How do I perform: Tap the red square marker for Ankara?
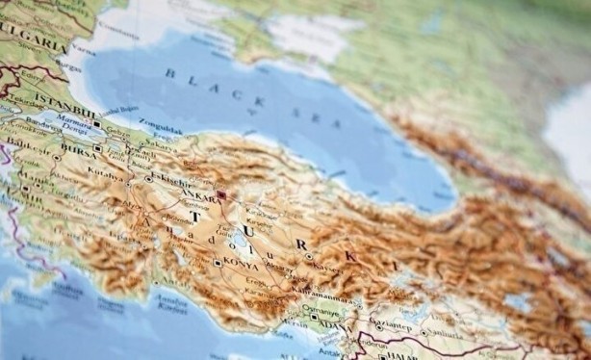pyautogui.click(x=220, y=194)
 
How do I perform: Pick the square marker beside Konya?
pyautogui.click(x=218, y=262)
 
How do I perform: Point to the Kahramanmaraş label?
pyautogui.click(x=346, y=296)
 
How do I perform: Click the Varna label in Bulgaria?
pyautogui.click(x=83, y=43)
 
